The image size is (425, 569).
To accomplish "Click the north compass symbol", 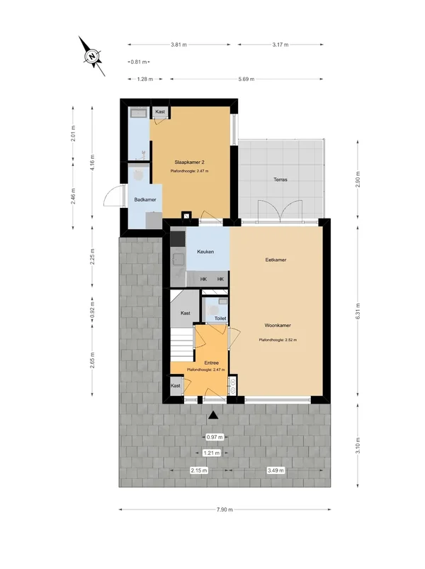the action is [x=92, y=56].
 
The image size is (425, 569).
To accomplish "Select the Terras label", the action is [x=280, y=179].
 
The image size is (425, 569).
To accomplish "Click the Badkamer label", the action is [x=145, y=199].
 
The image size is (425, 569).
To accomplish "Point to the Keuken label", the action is [x=205, y=251].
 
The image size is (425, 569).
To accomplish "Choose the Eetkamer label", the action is [x=276, y=260].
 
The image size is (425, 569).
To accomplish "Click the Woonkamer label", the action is [x=278, y=326].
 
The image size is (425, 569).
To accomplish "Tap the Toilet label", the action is [x=220, y=319].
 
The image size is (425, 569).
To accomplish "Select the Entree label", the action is [x=212, y=363].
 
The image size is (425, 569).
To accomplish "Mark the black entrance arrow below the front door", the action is [x=213, y=416].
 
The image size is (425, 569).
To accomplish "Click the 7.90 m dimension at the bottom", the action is [x=225, y=509].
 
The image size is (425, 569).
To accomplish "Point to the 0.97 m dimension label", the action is [x=215, y=437].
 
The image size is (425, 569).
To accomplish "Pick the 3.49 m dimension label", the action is [x=276, y=470].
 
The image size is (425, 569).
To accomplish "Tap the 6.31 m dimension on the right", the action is [x=358, y=311].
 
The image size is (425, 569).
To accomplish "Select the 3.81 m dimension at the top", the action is [x=178, y=45].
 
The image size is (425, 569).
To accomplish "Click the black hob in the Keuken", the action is [x=178, y=239].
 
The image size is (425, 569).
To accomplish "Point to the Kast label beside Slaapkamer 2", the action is [x=160, y=111].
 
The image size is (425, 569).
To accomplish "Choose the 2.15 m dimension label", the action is [x=199, y=470].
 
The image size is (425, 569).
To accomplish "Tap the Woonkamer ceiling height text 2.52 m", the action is [x=278, y=340].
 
